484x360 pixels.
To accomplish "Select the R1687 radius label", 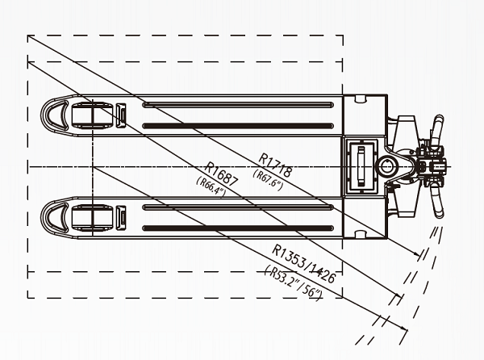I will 221,174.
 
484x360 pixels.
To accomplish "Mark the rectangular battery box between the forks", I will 360,165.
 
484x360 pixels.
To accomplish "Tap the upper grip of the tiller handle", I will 436,128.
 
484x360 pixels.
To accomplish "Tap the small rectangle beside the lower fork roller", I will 121,216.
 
